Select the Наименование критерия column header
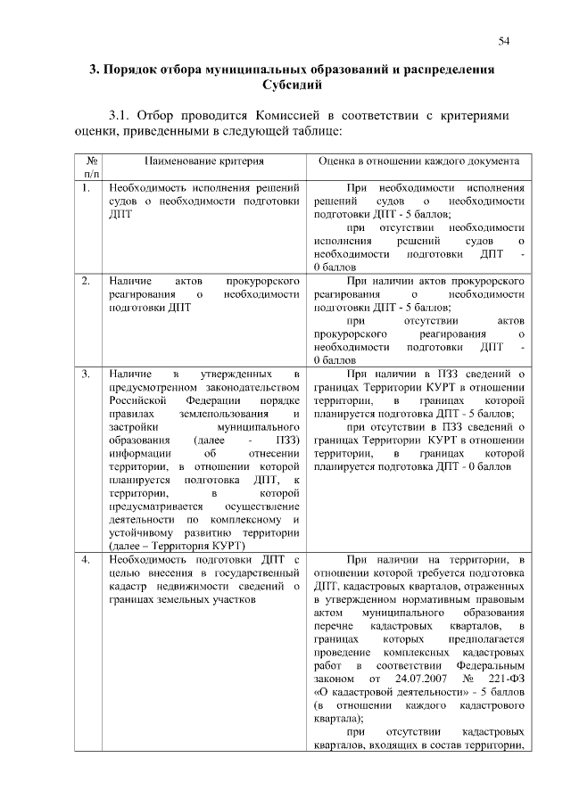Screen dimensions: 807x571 tap(205, 162)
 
